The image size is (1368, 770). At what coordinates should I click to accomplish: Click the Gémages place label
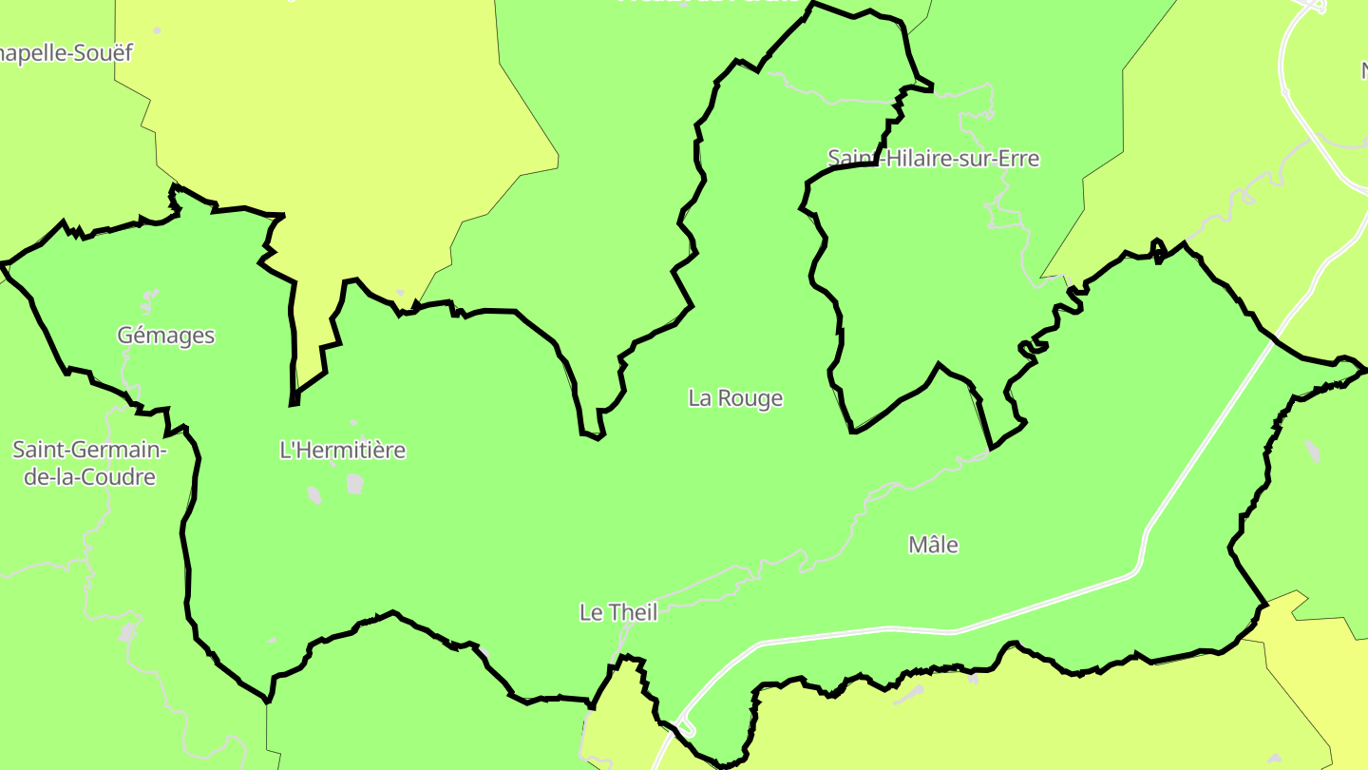click(x=166, y=336)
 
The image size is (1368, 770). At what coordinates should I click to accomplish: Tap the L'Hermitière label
click(x=342, y=451)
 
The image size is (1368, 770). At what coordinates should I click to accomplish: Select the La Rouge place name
click(x=735, y=398)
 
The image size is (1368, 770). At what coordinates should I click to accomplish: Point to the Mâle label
click(x=933, y=546)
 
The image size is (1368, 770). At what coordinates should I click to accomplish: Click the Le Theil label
click(x=618, y=613)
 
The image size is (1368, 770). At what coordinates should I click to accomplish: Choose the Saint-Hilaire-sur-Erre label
click(x=934, y=159)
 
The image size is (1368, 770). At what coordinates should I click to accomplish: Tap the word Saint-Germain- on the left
click(x=89, y=449)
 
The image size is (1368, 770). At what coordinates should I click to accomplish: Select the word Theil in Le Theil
click(x=632, y=613)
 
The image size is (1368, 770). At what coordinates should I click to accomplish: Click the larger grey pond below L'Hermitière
click(x=355, y=484)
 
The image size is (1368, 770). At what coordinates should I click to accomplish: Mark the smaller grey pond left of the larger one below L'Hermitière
click(x=313, y=495)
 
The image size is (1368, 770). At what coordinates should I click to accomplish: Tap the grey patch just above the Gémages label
click(x=147, y=302)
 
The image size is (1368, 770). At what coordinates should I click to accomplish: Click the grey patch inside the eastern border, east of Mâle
click(x=1312, y=452)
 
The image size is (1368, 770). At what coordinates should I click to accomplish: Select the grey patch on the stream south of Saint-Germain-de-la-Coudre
click(x=129, y=631)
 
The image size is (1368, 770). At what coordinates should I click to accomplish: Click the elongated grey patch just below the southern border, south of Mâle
click(x=910, y=695)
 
